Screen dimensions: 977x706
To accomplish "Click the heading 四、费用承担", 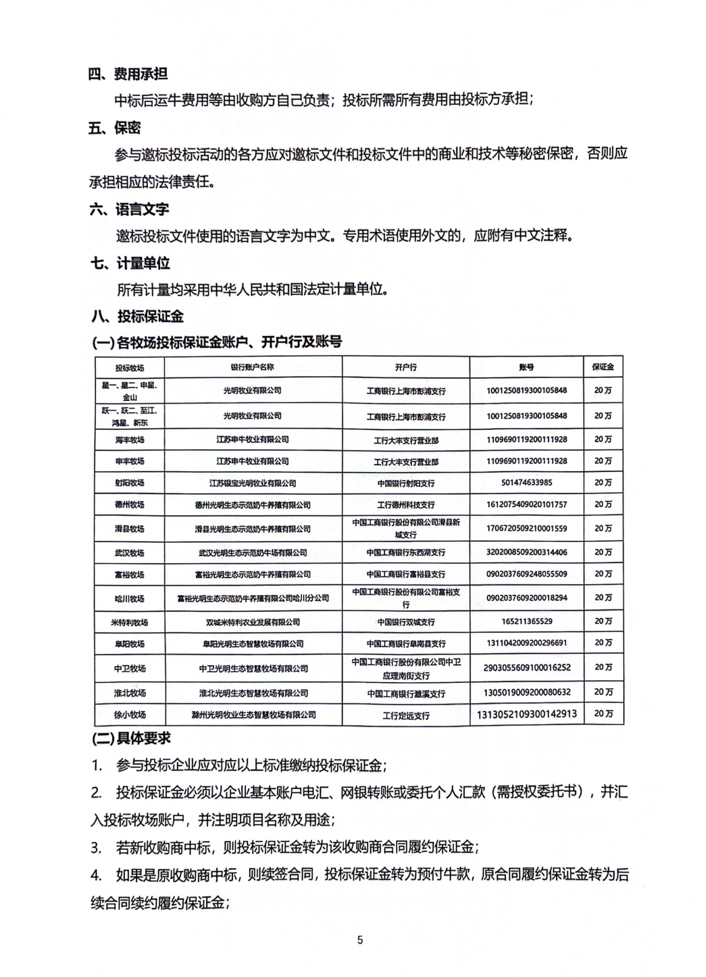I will [x=128, y=74].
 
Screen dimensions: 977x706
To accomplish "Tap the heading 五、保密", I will [x=114, y=128].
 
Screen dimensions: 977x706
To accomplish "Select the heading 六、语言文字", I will [x=128, y=209].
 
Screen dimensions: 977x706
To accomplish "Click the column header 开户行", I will [x=406, y=367].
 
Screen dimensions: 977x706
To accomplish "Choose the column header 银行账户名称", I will [x=253, y=367].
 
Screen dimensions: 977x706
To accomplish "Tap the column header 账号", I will [x=526, y=367].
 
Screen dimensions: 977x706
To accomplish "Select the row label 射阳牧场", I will [x=130, y=483].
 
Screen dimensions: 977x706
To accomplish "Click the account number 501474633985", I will [x=526, y=483].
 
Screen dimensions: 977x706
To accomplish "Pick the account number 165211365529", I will [x=526, y=621].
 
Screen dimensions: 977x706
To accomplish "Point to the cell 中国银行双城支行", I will [x=406, y=622].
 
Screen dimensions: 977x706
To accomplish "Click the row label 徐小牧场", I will [x=130, y=715].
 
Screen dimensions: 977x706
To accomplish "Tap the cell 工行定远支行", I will [x=406, y=715].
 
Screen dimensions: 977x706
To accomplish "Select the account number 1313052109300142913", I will [x=526, y=714].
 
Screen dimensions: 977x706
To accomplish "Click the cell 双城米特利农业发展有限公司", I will [x=253, y=622].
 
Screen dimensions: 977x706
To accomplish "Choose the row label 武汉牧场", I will [x=130, y=553].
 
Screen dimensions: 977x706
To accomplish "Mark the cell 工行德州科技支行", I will [x=406, y=505].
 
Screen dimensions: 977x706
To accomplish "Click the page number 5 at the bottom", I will [x=360, y=940].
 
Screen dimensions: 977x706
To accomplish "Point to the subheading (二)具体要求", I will [x=131, y=738].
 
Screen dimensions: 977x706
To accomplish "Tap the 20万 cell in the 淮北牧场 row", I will [x=603, y=692].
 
